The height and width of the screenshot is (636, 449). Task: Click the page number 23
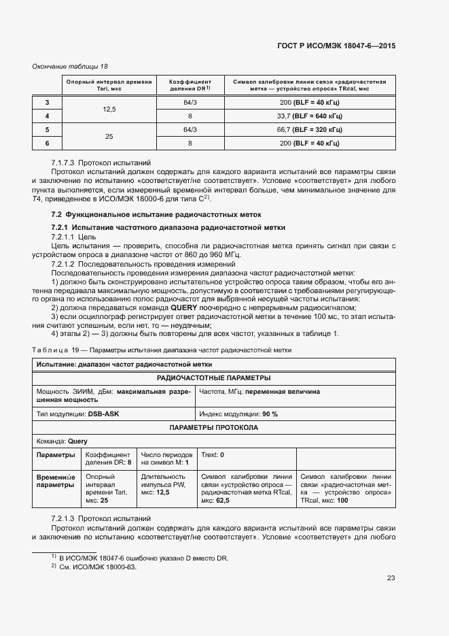391,578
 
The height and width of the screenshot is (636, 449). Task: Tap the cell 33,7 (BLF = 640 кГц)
309,116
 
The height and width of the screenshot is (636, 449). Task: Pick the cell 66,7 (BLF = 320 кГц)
309,129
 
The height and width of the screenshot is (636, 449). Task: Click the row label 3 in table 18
47,102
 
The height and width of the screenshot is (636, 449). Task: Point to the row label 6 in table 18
47,143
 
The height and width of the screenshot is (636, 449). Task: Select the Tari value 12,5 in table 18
109,109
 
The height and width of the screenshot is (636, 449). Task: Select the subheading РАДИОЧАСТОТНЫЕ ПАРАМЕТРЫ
213,378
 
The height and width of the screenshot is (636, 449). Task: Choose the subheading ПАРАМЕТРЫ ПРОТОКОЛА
213,427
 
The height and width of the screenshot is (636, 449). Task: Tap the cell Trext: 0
213,454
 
